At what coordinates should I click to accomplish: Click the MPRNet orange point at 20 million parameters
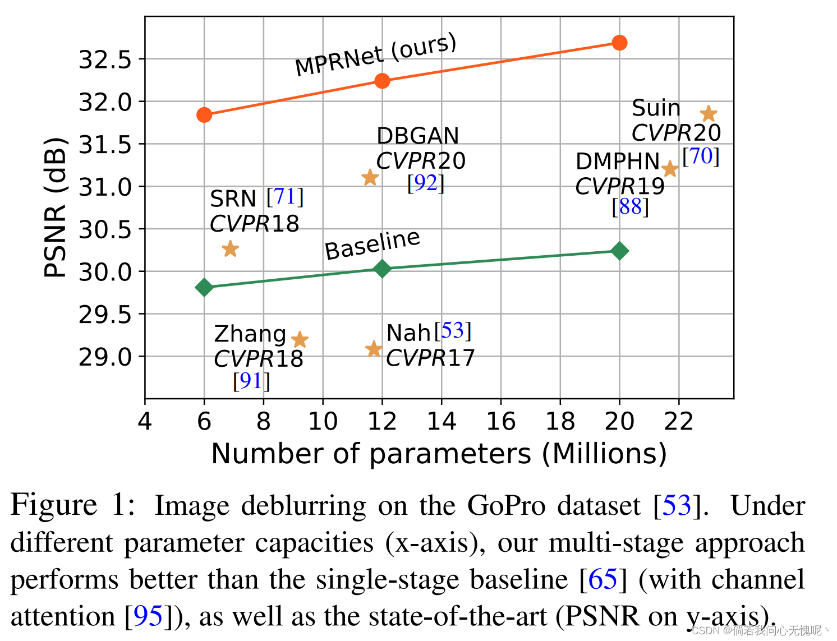pyautogui.click(x=619, y=43)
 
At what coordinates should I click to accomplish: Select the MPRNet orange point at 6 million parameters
pyautogui.click(x=204, y=115)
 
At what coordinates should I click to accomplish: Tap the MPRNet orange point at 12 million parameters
pyautogui.click(x=382, y=81)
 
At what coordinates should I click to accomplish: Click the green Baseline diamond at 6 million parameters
pyautogui.click(x=204, y=287)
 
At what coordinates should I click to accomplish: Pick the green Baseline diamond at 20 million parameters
pyautogui.click(x=619, y=251)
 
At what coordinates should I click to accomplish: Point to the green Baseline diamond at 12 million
pyautogui.click(x=382, y=269)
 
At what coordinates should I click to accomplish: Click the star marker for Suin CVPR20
pyautogui.click(x=709, y=114)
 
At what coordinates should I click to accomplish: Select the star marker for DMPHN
pyautogui.click(x=670, y=169)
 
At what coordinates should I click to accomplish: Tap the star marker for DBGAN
pyautogui.click(x=370, y=178)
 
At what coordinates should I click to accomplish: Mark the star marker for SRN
pyautogui.click(x=230, y=249)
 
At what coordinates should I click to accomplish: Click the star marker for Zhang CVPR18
pyautogui.click(x=300, y=340)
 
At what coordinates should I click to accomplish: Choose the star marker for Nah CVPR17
pyautogui.click(x=374, y=349)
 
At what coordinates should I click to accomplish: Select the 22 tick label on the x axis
pyautogui.click(x=679, y=421)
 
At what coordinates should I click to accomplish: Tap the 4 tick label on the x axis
pyautogui.click(x=145, y=421)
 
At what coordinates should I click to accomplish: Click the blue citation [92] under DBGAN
pyautogui.click(x=426, y=183)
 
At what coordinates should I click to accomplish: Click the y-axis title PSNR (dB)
pyautogui.click(x=55, y=207)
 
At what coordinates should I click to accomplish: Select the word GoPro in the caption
pyautogui.click(x=506, y=505)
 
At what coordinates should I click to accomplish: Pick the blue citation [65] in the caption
pyautogui.click(x=603, y=579)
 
